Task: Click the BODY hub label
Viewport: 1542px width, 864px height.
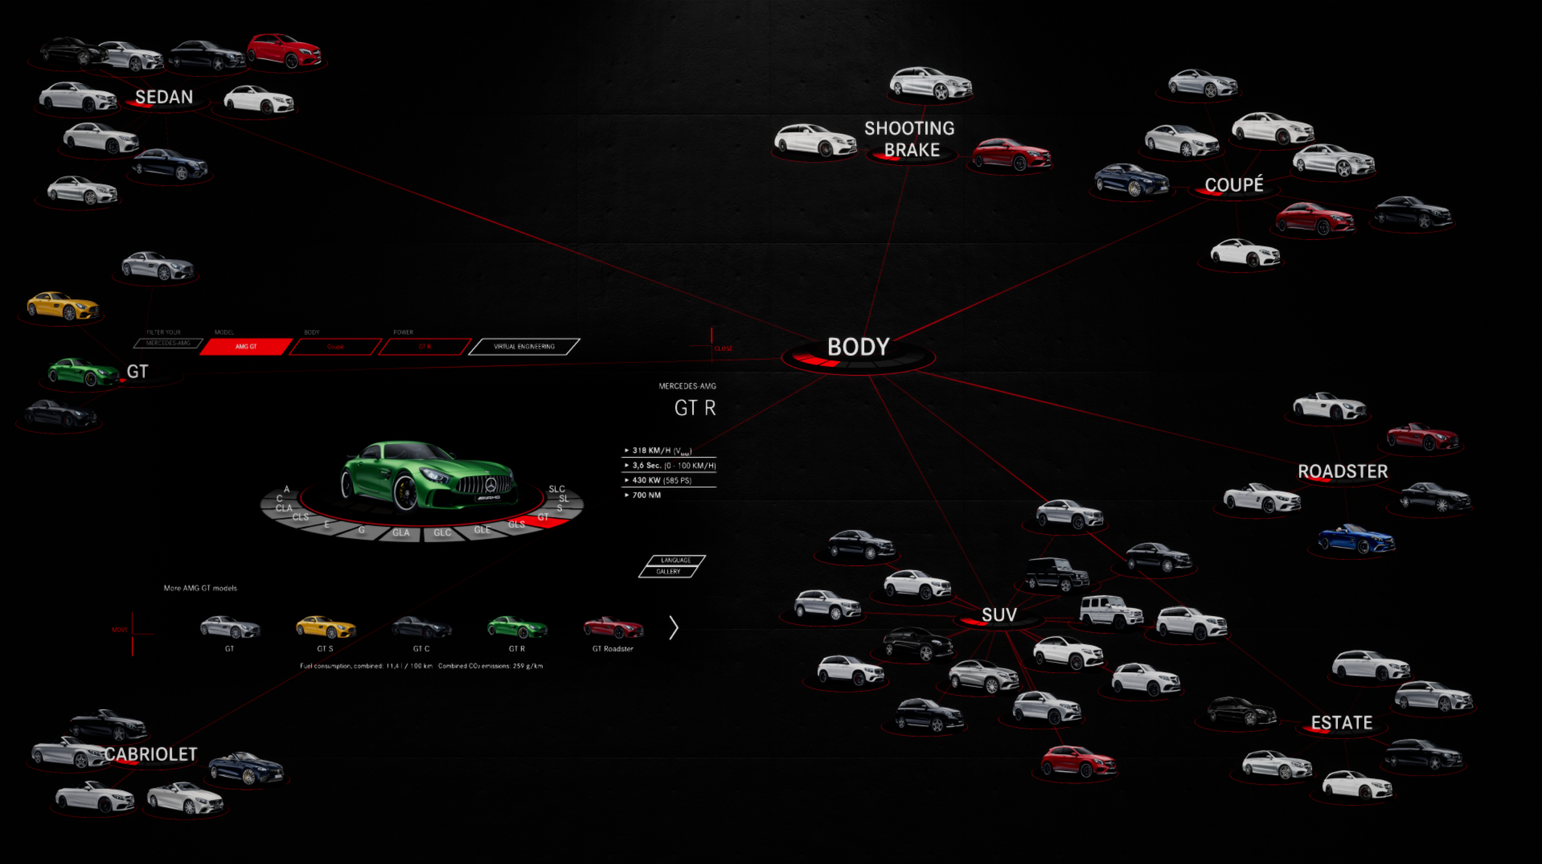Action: [858, 347]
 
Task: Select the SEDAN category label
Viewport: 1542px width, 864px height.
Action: [164, 97]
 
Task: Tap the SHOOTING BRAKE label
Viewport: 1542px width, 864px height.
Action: [910, 139]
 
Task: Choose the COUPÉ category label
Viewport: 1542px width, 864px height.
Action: [1234, 184]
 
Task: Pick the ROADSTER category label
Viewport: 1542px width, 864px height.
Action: [1343, 472]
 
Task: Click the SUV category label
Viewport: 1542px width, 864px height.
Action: [999, 615]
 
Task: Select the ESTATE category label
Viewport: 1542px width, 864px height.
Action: [1342, 723]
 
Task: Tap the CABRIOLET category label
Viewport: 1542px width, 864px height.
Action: [151, 754]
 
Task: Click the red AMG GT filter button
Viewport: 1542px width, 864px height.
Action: [246, 347]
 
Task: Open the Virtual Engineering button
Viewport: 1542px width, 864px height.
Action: [524, 347]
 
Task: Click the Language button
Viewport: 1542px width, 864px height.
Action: [675, 560]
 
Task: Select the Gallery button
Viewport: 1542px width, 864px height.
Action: [668, 572]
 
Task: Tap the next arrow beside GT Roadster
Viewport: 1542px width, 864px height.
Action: [674, 628]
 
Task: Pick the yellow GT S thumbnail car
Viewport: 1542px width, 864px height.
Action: [326, 627]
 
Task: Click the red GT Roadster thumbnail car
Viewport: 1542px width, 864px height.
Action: [613, 627]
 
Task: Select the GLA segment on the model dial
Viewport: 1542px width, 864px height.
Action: [401, 533]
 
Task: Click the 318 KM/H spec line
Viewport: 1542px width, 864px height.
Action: [662, 451]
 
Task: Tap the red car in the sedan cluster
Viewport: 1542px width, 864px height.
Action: [284, 51]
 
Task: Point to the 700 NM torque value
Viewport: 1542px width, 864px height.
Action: [646, 495]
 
